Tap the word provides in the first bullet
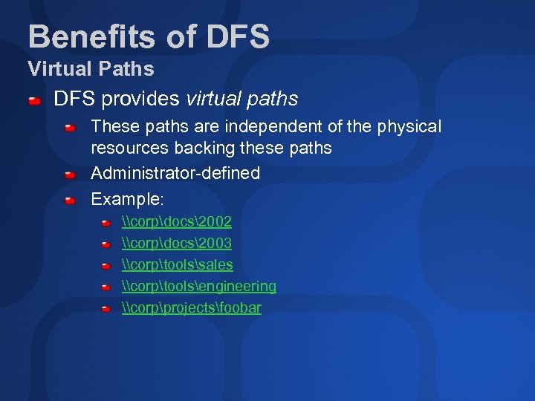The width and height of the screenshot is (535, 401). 140,99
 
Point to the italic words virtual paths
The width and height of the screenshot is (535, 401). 241,99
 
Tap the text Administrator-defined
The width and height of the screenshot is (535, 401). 175,174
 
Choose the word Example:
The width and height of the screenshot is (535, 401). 127,199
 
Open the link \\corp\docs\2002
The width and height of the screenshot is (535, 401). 177,222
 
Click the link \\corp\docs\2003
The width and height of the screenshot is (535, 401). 177,244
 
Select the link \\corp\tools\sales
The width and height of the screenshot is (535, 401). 178,265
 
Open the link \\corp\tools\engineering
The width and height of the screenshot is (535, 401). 199,287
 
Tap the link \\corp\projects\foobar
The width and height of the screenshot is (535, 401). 192,308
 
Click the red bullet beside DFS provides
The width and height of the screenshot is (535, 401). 34,100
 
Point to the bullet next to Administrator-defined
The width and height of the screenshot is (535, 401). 70,175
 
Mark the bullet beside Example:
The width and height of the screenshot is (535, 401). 70,200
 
